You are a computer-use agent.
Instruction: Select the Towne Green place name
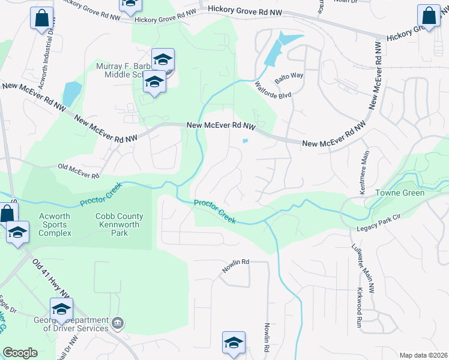pyautogui.click(x=400, y=193)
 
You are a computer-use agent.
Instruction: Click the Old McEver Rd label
pyautogui.click(x=78, y=171)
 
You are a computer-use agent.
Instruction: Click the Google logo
pyautogui.click(x=19, y=352)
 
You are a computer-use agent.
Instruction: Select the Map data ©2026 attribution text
pyautogui.click(x=423, y=355)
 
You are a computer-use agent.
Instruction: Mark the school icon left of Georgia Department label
pyautogui.click(x=61, y=310)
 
